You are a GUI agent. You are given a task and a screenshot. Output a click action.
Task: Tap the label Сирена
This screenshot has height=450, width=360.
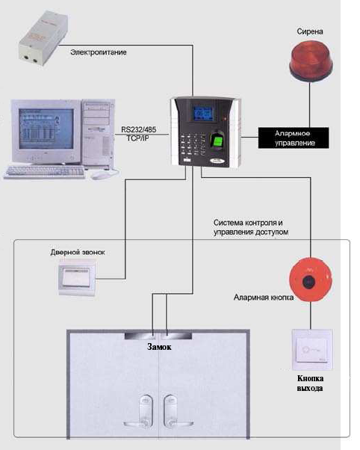(x=310, y=31)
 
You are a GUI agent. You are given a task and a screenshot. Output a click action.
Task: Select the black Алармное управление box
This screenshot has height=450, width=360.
(x=294, y=138)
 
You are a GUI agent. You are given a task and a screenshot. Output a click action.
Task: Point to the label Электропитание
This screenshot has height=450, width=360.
(x=99, y=52)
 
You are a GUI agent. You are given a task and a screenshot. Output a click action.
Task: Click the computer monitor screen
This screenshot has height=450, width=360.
(x=46, y=129)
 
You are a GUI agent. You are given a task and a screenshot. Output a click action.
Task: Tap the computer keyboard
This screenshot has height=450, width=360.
(x=45, y=172)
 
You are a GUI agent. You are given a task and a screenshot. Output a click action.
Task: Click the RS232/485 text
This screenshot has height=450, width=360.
(x=139, y=129)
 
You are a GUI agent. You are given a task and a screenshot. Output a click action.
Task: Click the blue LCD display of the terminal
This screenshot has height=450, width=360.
(x=203, y=112)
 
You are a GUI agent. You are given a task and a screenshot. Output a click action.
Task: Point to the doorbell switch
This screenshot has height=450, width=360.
(x=77, y=277)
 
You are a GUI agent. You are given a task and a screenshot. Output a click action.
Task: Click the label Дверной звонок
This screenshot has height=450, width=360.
(x=78, y=252)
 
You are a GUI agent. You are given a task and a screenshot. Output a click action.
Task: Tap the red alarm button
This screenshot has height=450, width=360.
(x=311, y=280)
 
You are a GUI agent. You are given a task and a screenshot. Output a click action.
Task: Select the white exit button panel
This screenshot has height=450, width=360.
(x=312, y=350)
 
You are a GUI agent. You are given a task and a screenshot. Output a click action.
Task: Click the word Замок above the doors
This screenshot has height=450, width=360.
(x=159, y=347)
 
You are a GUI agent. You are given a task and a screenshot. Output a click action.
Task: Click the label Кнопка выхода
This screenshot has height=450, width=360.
(x=310, y=383)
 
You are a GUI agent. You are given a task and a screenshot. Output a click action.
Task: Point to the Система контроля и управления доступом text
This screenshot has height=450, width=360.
(x=251, y=227)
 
